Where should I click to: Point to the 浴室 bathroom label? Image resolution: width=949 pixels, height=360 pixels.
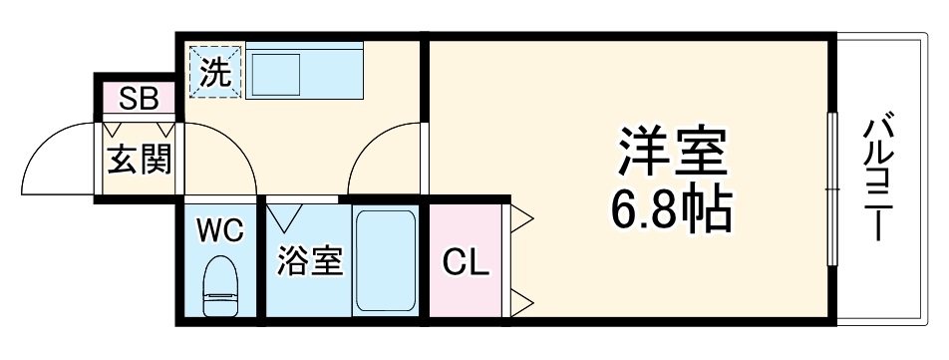tap(310, 261)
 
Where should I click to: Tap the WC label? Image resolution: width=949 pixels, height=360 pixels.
tap(219, 231)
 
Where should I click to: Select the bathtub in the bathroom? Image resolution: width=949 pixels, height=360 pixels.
tap(385, 261)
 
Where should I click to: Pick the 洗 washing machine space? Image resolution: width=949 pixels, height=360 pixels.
tap(216, 71)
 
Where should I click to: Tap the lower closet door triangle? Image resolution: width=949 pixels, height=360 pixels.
tap(522, 298)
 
